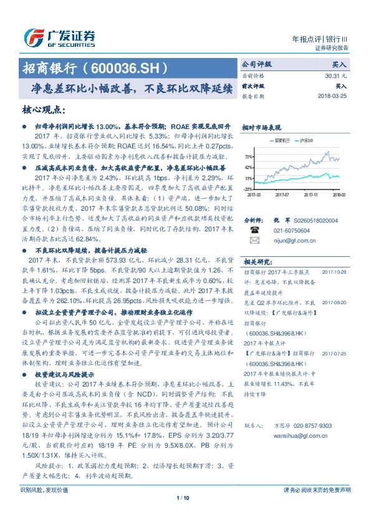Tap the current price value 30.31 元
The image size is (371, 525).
point(334,75)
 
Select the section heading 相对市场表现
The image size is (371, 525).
point(260,127)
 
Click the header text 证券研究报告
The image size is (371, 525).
point(331,47)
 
